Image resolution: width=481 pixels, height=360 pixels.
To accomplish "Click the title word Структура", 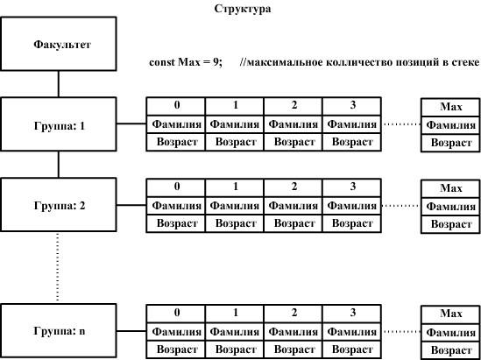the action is [243, 9].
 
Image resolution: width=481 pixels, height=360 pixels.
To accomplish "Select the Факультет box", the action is [59, 44].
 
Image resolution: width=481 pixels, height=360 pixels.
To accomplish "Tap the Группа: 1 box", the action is [59, 124].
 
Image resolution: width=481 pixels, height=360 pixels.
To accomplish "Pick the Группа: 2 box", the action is [59, 205].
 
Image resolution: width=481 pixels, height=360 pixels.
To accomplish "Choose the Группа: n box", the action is [59, 330].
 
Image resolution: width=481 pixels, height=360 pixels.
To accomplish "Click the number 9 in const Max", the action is [216, 62].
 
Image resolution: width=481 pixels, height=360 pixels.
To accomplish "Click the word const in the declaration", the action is [162, 62].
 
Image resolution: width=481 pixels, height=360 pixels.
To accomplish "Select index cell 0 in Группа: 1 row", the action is [176, 106].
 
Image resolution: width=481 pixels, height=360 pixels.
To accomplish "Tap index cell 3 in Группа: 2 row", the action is [352, 187].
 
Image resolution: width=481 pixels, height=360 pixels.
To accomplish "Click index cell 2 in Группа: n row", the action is [294, 314].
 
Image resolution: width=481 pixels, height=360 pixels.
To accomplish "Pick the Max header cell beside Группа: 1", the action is [450, 107].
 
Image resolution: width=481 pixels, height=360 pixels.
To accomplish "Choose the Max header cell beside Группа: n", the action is [450, 314].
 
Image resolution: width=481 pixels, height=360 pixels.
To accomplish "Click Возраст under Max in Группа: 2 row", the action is [450, 224].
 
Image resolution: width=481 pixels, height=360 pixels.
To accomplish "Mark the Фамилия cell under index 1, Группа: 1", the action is [234, 124].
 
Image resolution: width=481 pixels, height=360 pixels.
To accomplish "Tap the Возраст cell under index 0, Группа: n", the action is [176, 349].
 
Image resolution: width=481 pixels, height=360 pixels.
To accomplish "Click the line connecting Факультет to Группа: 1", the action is [59, 84].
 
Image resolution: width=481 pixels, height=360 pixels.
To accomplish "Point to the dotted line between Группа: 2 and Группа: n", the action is [57, 267].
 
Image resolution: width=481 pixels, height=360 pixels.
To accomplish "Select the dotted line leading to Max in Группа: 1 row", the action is [401, 124].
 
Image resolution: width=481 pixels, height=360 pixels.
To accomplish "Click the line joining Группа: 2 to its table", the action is [131, 205].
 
